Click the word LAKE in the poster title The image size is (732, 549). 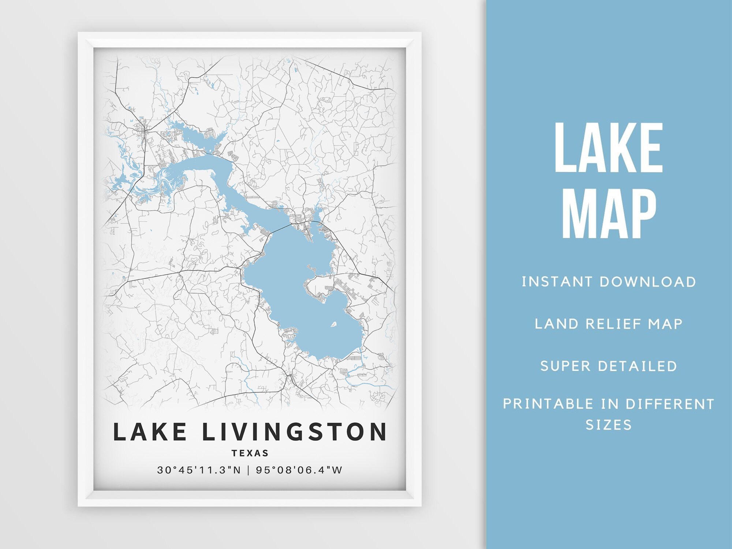tap(150, 432)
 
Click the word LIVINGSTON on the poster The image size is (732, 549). tap(294, 432)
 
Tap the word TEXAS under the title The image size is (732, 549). tap(250, 453)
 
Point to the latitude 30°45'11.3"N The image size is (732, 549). tap(199, 470)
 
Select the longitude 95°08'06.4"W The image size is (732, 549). tap(299, 470)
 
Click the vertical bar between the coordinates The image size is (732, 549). tap(248, 470)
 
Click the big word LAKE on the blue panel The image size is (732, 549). tap(609, 148)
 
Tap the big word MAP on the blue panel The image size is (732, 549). tap(609, 214)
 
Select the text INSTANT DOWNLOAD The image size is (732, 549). tap(609, 282)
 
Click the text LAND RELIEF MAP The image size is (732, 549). tap(609, 324)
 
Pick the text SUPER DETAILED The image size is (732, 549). tap(609, 366)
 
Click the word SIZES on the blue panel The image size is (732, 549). tap(609, 425)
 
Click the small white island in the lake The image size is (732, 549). tap(334, 324)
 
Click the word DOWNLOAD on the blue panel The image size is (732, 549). tap(648, 282)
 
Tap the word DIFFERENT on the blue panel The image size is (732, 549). tap(670, 404)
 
